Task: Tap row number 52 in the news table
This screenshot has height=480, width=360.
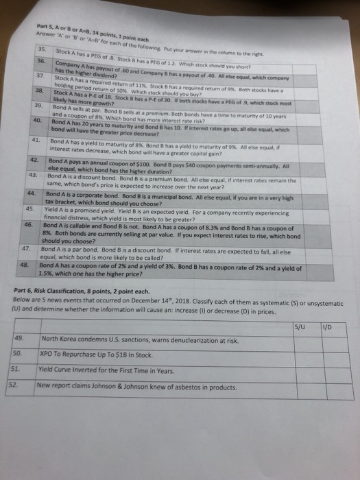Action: pos(26,386)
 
